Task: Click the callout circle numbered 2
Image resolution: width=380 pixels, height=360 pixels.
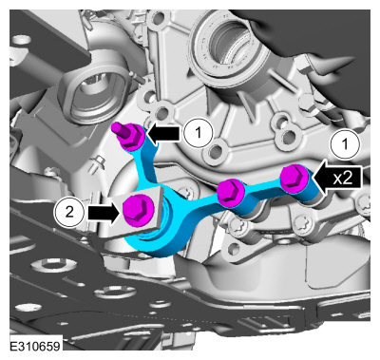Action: click(69, 212)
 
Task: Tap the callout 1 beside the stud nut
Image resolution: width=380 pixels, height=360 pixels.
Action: click(199, 133)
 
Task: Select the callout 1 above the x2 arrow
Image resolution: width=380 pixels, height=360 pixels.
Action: click(345, 144)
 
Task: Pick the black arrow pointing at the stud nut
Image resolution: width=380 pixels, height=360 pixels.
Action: click(164, 134)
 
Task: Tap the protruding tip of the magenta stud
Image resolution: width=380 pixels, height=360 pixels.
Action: click(117, 127)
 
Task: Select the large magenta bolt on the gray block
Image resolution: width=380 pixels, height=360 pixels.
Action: click(138, 210)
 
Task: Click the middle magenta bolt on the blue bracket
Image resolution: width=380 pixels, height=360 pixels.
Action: click(231, 192)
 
